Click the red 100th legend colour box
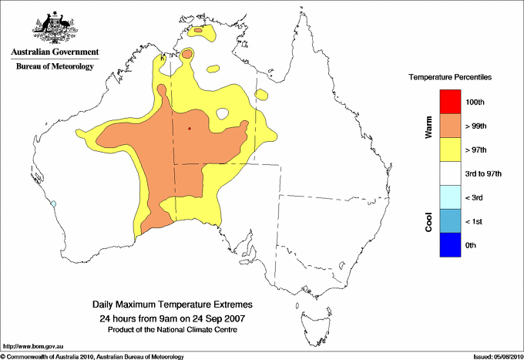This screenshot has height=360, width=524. coord(449,102)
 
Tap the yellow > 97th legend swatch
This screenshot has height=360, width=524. coord(449,150)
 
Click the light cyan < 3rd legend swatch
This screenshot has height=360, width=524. coord(449,197)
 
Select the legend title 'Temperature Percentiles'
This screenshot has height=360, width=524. coord(450,78)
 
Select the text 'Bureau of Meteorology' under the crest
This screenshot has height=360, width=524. coord(55,67)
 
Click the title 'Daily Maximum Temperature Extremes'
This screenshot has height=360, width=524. coord(173,305)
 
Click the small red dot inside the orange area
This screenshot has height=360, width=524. coord(190,129)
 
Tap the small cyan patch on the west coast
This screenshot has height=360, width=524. coord(53,204)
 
